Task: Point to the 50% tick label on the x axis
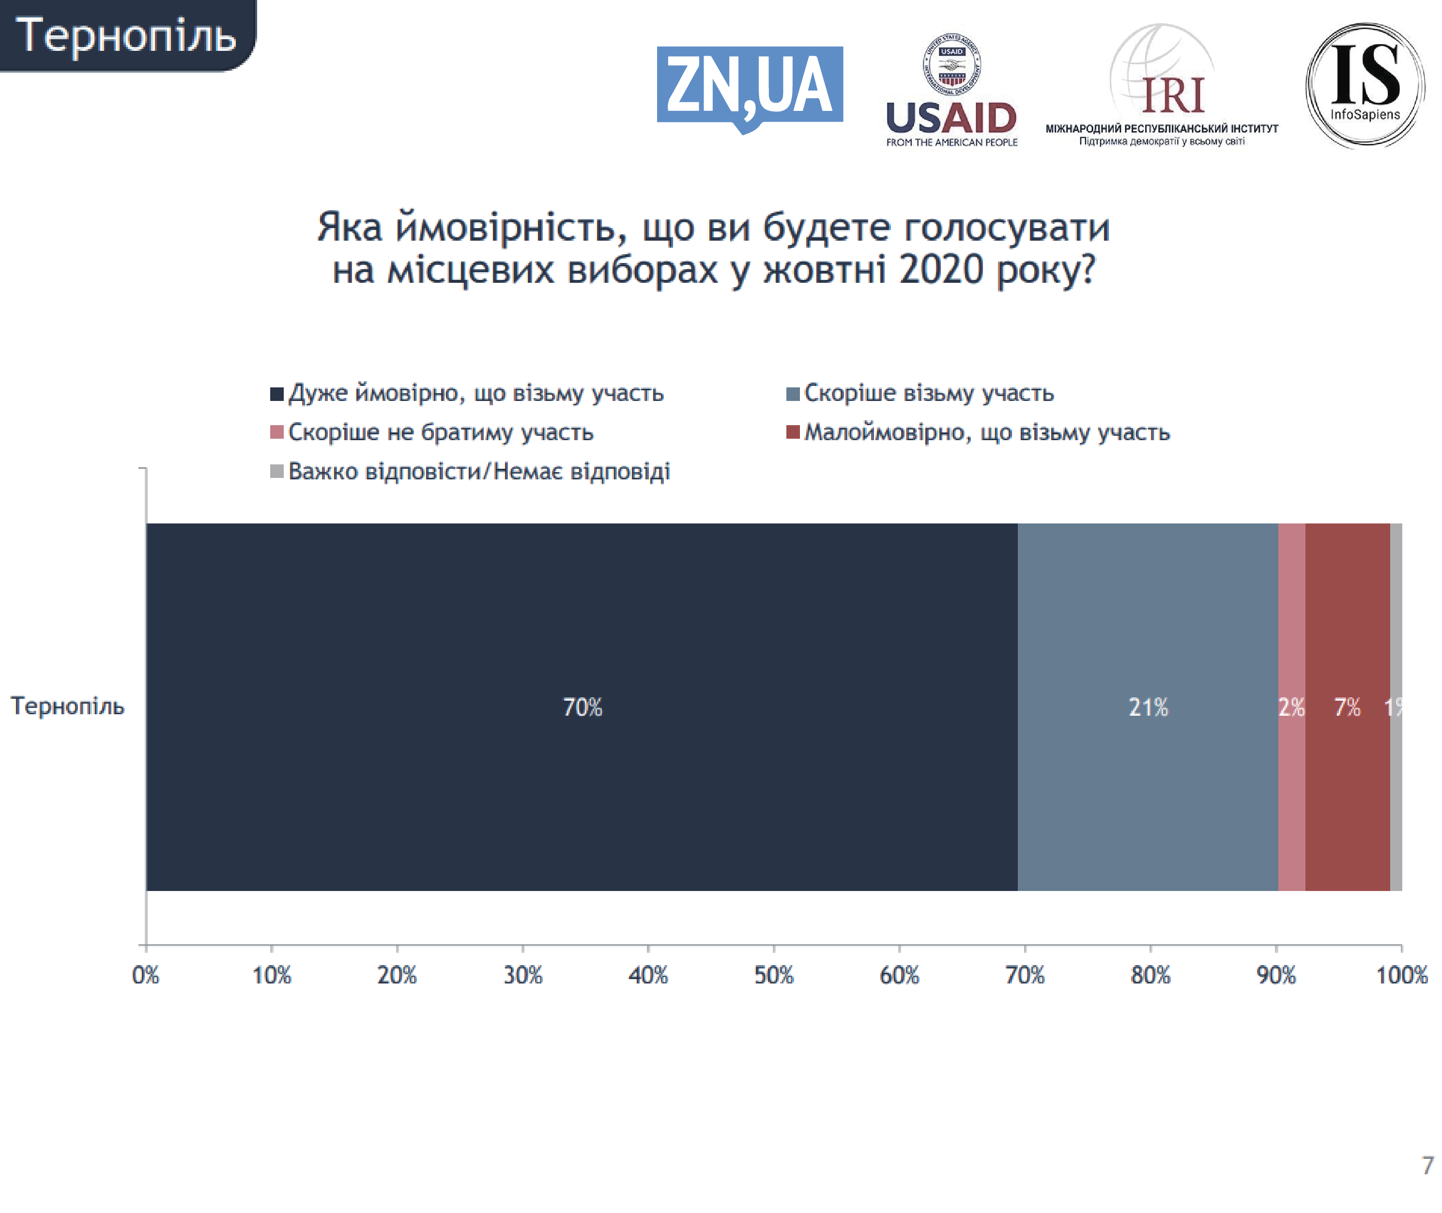774,975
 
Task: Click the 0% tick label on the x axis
145,975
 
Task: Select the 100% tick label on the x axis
1401,975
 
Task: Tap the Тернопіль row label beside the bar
67,706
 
